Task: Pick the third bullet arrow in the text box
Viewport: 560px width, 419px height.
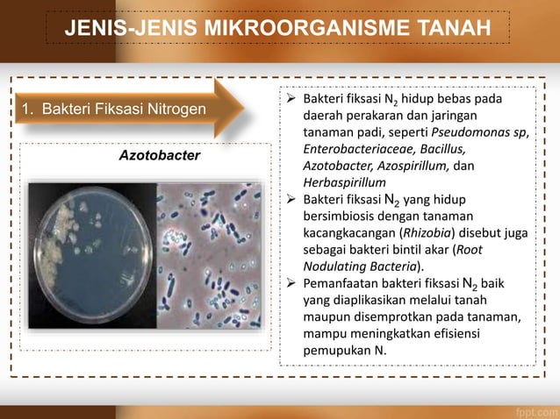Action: pos(293,283)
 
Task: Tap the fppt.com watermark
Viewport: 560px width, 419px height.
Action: pos(534,408)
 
